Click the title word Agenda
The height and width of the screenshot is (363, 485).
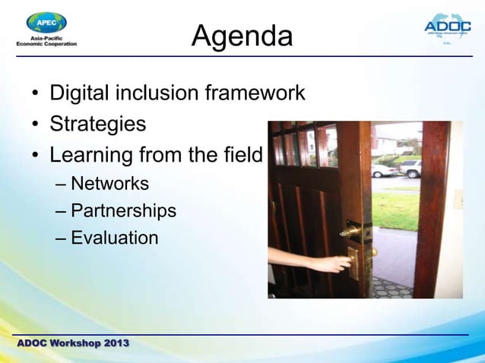[x=242, y=36]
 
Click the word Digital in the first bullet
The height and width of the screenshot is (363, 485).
[x=80, y=93]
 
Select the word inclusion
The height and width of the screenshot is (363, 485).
[x=157, y=93]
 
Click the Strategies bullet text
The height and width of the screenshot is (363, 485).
[x=97, y=124]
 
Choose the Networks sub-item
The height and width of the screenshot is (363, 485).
[x=109, y=184]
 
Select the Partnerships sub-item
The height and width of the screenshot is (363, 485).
[x=123, y=210]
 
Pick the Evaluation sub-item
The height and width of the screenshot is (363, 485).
[x=114, y=238]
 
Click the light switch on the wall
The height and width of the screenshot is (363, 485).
[x=458, y=199]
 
